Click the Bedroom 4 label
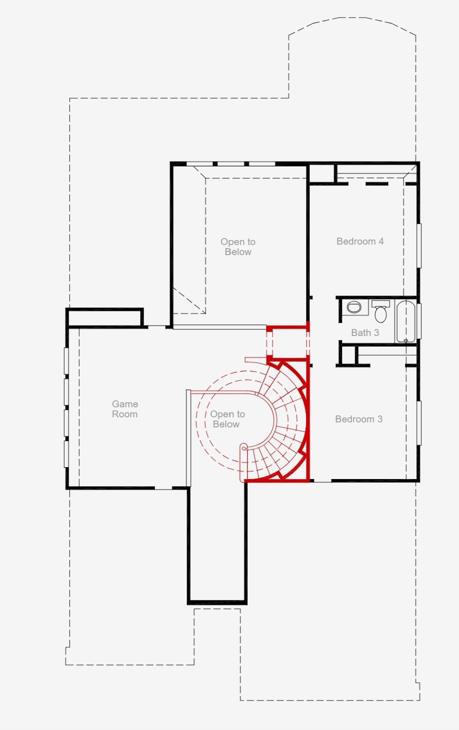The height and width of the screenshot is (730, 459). (x=360, y=241)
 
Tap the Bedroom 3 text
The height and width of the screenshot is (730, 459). (x=359, y=419)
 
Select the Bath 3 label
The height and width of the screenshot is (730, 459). (x=365, y=333)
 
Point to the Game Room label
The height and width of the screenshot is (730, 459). (x=125, y=409)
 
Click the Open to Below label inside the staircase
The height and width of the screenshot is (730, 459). (x=227, y=419)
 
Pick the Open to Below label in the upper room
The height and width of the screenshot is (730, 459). (x=238, y=247)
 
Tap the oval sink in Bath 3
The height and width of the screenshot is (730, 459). (x=354, y=307)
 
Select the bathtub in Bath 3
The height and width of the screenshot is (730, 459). (x=406, y=321)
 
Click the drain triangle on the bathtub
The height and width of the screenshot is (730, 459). (x=406, y=341)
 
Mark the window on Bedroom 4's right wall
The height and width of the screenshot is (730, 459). (x=419, y=246)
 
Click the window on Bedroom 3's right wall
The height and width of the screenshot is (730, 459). (x=419, y=423)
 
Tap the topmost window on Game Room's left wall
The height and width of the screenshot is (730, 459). (x=66, y=361)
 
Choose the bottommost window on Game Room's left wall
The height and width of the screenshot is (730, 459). (x=66, y=454)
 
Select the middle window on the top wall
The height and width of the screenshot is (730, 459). (x=231, y=163)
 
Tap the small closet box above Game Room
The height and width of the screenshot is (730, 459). (x=105, y=317)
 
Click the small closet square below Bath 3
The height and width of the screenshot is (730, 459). (x=348, y=355)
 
